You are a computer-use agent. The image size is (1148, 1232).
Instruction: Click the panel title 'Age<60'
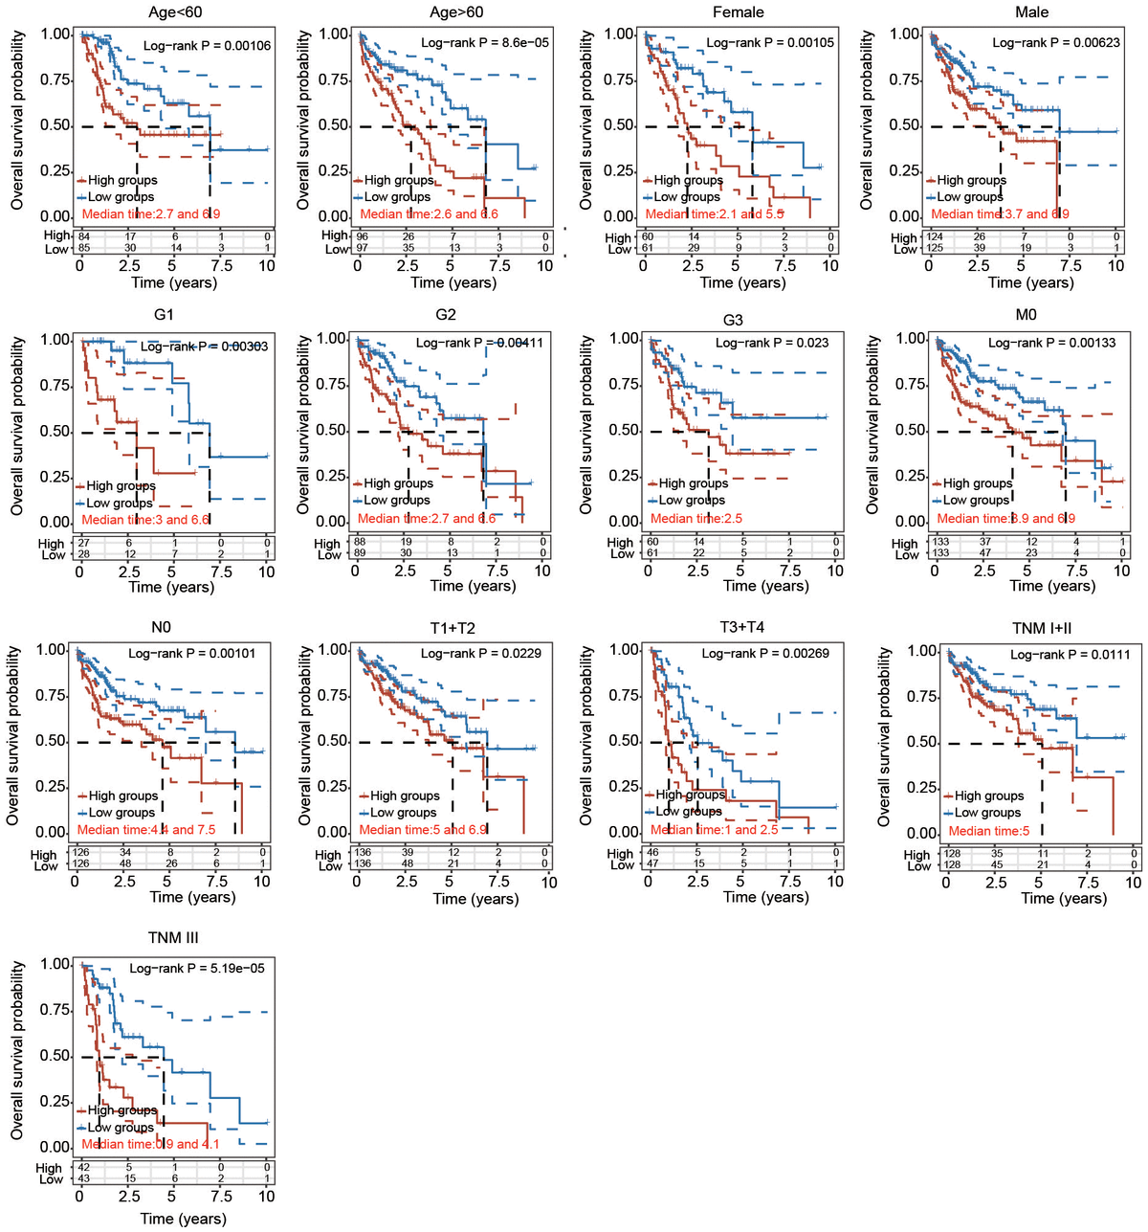175,12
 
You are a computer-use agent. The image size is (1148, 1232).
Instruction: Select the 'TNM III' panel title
173,938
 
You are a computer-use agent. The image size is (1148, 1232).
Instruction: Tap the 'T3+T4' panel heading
741,628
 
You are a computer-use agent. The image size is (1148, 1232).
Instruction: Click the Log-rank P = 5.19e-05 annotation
197,969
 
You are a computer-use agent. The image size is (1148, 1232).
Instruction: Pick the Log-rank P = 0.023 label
772,343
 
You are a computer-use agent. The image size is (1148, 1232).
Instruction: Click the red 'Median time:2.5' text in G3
695,518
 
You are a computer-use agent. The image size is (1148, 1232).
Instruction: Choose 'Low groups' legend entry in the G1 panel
120,503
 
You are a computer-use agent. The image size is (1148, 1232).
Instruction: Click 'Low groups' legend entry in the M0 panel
976,500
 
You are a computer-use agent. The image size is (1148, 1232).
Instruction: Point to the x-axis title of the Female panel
742,282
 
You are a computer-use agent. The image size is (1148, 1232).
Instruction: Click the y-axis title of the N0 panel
13,736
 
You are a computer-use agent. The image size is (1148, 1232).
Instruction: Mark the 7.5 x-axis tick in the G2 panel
497,571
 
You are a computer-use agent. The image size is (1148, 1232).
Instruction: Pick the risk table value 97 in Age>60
363,249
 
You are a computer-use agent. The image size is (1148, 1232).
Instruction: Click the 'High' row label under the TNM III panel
49,1168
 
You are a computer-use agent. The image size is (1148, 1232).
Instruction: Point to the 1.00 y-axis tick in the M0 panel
912,339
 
